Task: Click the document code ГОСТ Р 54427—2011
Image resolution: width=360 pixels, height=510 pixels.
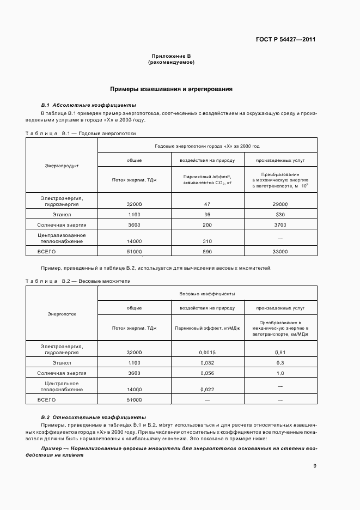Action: coord(286,40)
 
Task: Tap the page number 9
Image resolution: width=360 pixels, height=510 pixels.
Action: coord(315,465)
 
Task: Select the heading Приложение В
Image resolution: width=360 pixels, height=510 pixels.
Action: coord(171,57)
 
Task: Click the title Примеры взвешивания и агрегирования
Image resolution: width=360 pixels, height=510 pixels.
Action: coord(172,88)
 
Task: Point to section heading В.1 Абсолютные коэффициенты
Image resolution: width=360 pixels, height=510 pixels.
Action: coord(89,105)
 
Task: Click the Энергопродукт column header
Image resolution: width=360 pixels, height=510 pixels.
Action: coord(62,165)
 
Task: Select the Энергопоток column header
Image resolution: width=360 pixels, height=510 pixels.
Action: coord(62,314)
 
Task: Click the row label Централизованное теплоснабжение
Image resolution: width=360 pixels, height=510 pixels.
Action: coord(62,238)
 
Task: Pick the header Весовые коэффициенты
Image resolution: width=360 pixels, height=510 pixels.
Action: coord(207,294)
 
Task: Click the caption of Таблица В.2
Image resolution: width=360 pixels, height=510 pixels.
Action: coord(78,281)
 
